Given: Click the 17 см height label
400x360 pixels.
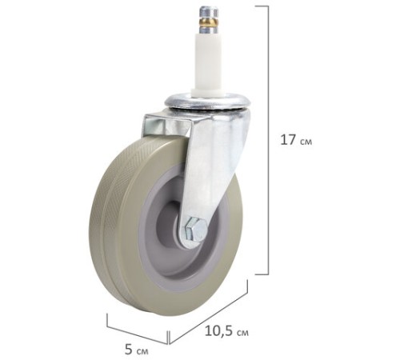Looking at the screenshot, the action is (x=296, y=140).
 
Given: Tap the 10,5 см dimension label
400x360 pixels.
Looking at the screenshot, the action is (x=226, y=331).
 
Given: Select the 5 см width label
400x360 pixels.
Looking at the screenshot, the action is (x=137, y=350).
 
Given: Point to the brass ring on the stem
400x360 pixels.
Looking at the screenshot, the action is (x=210, y=22).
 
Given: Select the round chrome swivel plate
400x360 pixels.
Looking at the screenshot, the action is (x=208, y=102).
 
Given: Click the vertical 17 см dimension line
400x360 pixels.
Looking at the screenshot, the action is (x=268, y=140).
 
